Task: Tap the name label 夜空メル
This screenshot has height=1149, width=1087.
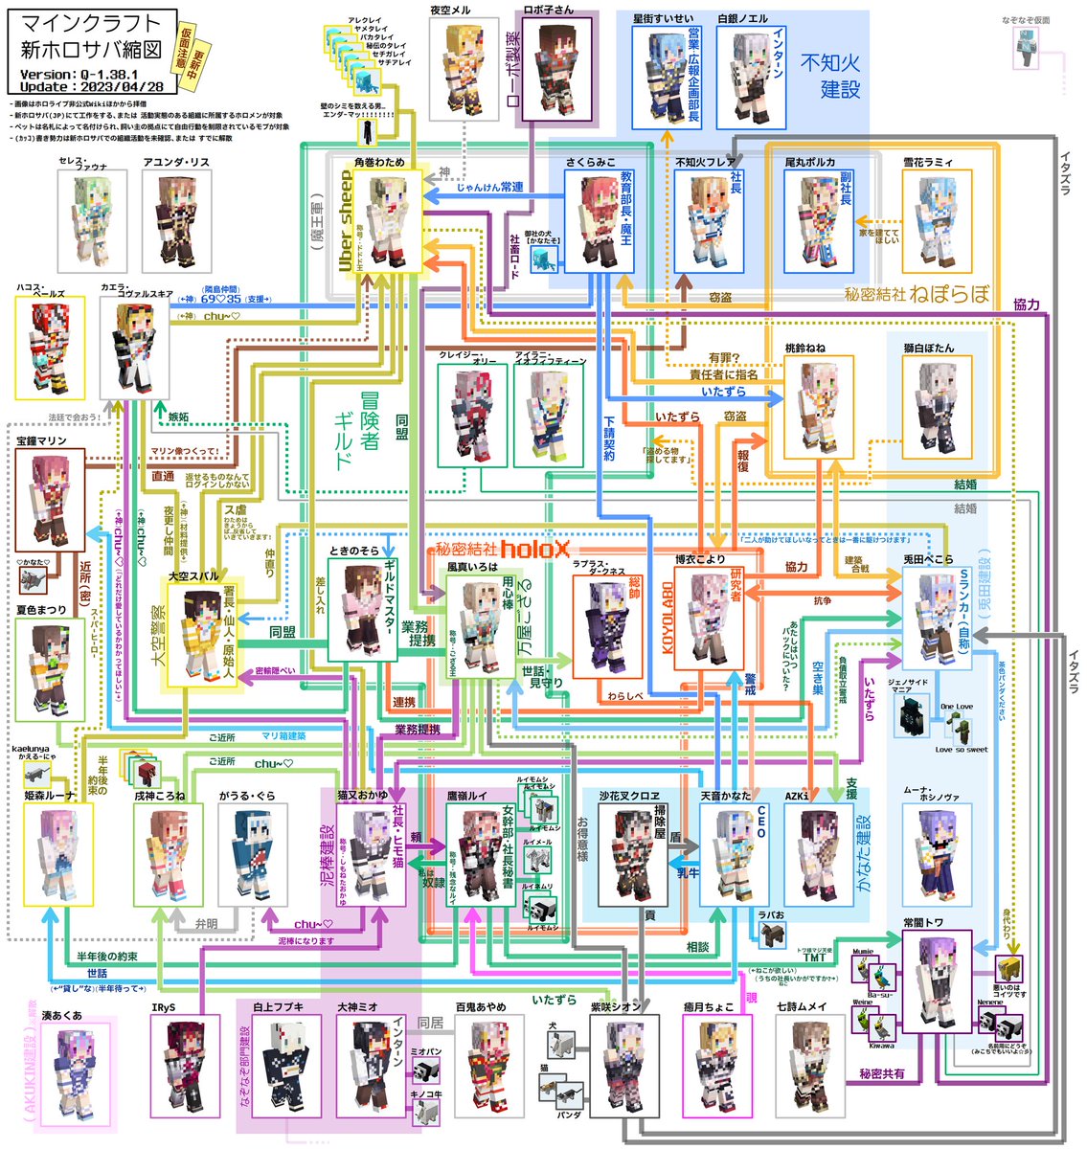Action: [450, 11]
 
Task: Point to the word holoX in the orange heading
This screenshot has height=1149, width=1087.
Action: [534, 549]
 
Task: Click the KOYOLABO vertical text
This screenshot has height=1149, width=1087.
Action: [668, 617]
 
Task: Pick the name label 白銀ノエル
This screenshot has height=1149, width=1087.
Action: [743, 18]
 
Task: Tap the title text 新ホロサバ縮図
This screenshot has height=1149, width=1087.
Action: [91, 49]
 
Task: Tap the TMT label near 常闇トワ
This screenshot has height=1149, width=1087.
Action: [814, 957]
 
